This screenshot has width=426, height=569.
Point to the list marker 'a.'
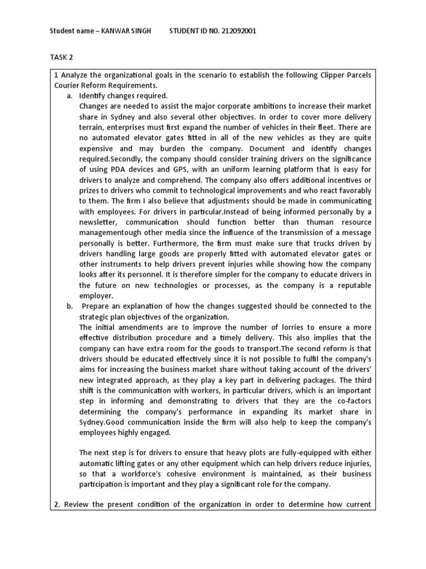point(70,96)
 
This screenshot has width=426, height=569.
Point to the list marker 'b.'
point(70,306)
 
